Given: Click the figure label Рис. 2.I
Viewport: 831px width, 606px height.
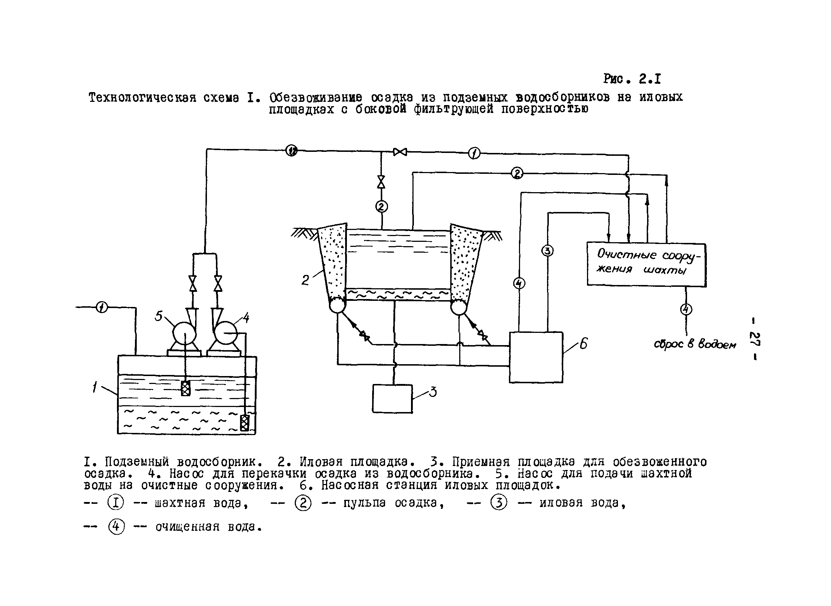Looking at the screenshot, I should point(632,79).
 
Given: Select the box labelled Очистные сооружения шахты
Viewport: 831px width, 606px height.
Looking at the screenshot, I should point(646,264).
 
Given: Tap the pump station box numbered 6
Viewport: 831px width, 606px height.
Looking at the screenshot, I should point(536,357).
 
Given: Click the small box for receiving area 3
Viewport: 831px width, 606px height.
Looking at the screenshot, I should point(392,399).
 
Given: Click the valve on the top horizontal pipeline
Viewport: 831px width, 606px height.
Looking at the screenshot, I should point(400,152).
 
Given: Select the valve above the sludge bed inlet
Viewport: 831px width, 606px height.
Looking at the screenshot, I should point(381,181).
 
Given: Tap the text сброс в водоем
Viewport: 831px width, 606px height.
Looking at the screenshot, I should point(695,344).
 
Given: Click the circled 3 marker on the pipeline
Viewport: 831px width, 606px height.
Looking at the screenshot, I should point(547,251).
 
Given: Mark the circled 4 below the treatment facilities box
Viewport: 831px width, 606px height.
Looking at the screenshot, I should point(686,309).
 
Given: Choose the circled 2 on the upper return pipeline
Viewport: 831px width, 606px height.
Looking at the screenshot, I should point(517,173).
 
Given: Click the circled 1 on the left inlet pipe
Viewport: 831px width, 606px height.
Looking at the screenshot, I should point(101,307).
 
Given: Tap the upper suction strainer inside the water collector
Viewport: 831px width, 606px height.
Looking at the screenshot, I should point(186,388).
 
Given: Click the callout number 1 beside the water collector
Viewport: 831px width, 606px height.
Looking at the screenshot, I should point(95,387).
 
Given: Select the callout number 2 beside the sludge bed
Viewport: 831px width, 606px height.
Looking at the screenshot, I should point(305,280).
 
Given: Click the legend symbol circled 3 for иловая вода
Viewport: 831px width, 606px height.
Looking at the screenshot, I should point(498,503).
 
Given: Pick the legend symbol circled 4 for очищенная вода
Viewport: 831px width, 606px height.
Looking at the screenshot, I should point(116,527).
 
